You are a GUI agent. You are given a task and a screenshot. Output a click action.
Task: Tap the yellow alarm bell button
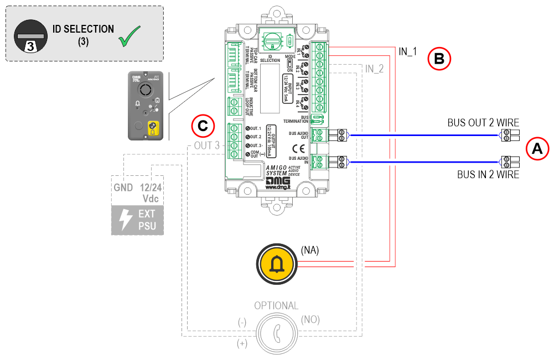click(275, 265)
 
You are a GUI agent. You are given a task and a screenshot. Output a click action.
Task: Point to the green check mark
click(131, 35)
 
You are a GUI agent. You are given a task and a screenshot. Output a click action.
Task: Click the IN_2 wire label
click(374, 69)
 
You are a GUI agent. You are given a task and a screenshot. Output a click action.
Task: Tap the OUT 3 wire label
click(206, 145)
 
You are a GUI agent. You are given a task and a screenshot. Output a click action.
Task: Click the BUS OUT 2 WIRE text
click(483, 123)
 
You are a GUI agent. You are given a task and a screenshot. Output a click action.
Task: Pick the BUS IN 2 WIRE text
click(488, 175)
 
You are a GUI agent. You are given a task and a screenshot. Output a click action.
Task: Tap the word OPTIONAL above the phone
click(276, 306)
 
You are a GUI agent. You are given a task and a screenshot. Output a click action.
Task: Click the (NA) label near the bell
click(309, 250)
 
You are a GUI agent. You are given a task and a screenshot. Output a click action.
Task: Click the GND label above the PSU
click(123, 188)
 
